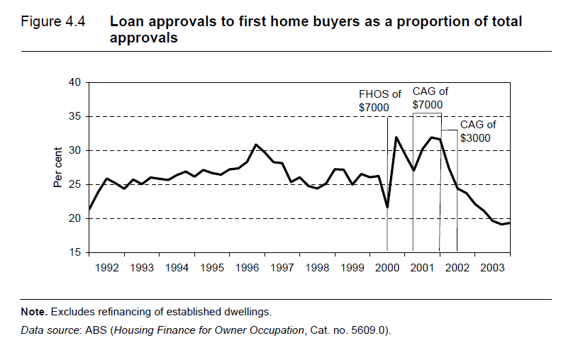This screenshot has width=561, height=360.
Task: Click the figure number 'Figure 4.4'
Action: tap(53, 22)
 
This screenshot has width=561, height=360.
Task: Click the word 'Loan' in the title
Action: tap(126, 22)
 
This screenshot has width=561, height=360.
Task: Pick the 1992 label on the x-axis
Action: tap(107, 268)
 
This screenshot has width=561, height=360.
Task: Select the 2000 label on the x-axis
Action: tap(387, 268)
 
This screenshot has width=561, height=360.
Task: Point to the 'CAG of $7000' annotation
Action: tap(431, 98)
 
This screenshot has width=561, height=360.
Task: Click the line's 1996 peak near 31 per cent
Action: tap(256, 145)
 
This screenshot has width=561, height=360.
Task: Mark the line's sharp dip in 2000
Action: tap(387, 208)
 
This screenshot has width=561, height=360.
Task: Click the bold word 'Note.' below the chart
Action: tap(33, 312)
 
